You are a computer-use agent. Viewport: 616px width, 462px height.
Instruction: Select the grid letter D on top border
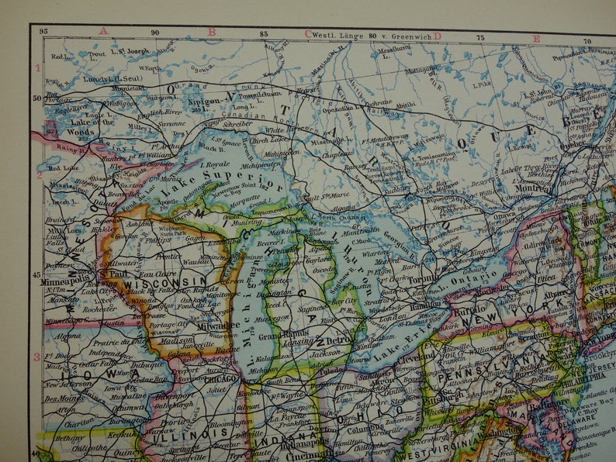437,35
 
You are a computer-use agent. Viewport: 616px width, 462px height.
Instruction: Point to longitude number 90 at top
154,33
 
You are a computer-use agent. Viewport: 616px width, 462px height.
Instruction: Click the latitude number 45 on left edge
36,275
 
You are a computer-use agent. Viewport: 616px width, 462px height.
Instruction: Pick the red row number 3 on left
36,357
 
